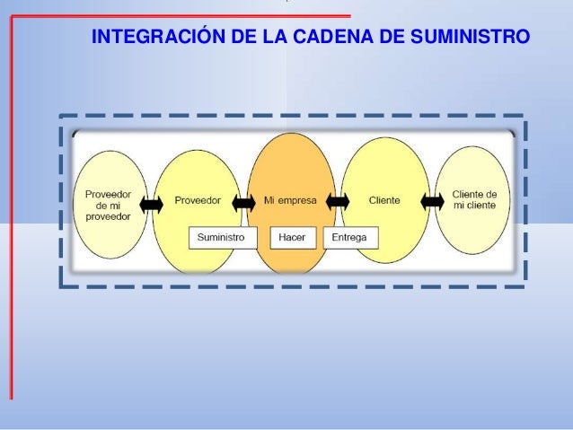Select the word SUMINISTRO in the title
[470, 39]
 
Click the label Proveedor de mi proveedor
[108, 205]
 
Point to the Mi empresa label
[289, 199]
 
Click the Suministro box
[222, 237]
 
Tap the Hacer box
[292, 237]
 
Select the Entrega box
[350, 237]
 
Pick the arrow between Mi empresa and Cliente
[338, 201]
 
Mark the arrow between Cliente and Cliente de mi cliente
[432, 201]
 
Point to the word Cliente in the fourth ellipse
[385, 199]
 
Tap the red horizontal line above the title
[180, 16]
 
